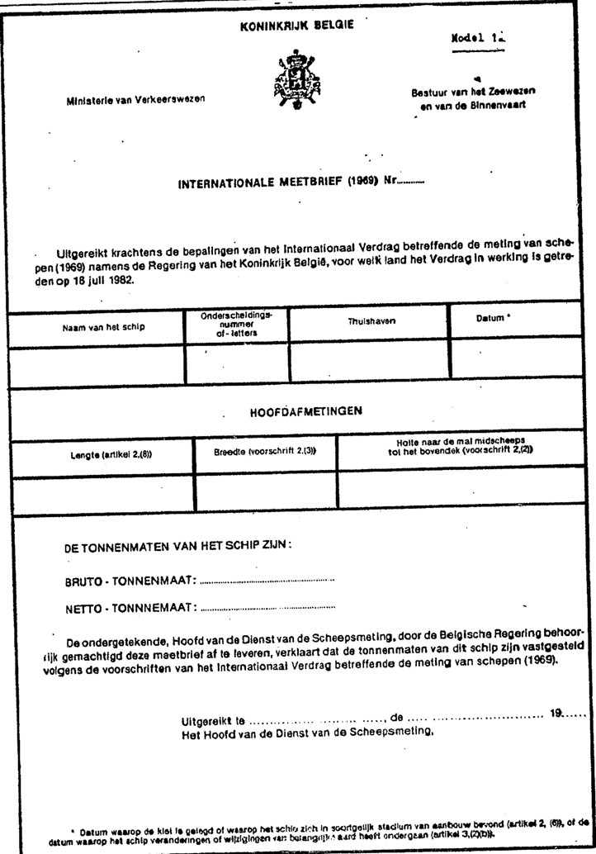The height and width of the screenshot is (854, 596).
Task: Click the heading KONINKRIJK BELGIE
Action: tap(297, 25)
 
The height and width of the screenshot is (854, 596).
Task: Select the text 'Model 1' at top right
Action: tap(478, 38)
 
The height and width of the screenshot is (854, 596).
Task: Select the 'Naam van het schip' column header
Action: tap(103, 326)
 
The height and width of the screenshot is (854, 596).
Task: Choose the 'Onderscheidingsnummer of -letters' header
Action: tap(236, 324)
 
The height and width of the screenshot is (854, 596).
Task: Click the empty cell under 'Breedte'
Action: tap(266, 493)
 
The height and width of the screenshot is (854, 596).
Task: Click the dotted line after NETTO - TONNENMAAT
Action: tap(267, 610)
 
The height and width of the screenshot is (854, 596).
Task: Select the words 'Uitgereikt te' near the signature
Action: tap(213, 719)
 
